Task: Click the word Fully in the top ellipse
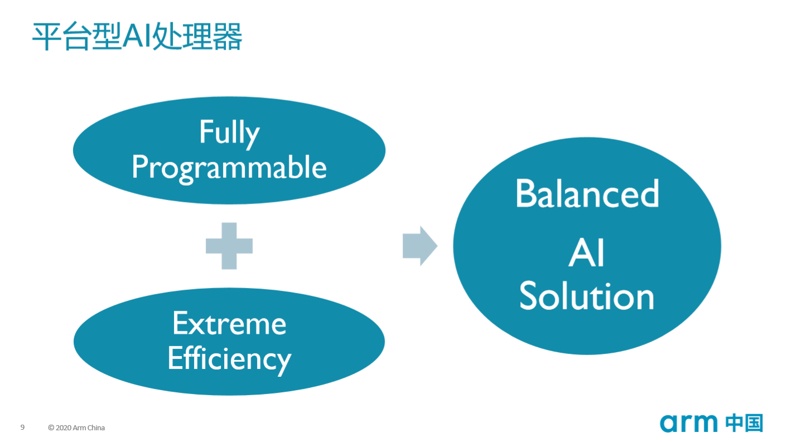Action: click(229, 133)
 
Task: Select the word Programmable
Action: click(229, 167)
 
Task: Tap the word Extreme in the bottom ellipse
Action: click(229, 324)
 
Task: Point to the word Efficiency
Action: click(229, 358)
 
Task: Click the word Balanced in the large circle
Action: click(587, 193)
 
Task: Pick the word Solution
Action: click(587, 297)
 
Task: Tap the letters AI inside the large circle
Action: click(587, 255)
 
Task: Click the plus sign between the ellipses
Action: click(229, 246)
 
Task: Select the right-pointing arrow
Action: click(419, 246)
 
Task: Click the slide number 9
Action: click(22, 428)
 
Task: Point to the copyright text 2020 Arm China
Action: click(80, 428)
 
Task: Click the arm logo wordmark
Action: click(689, 423)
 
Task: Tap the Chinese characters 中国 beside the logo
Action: click(744, 423)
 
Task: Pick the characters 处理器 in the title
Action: click(196, 38)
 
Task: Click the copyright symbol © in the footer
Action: click(51, 428)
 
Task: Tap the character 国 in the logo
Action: click(753, 423)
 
